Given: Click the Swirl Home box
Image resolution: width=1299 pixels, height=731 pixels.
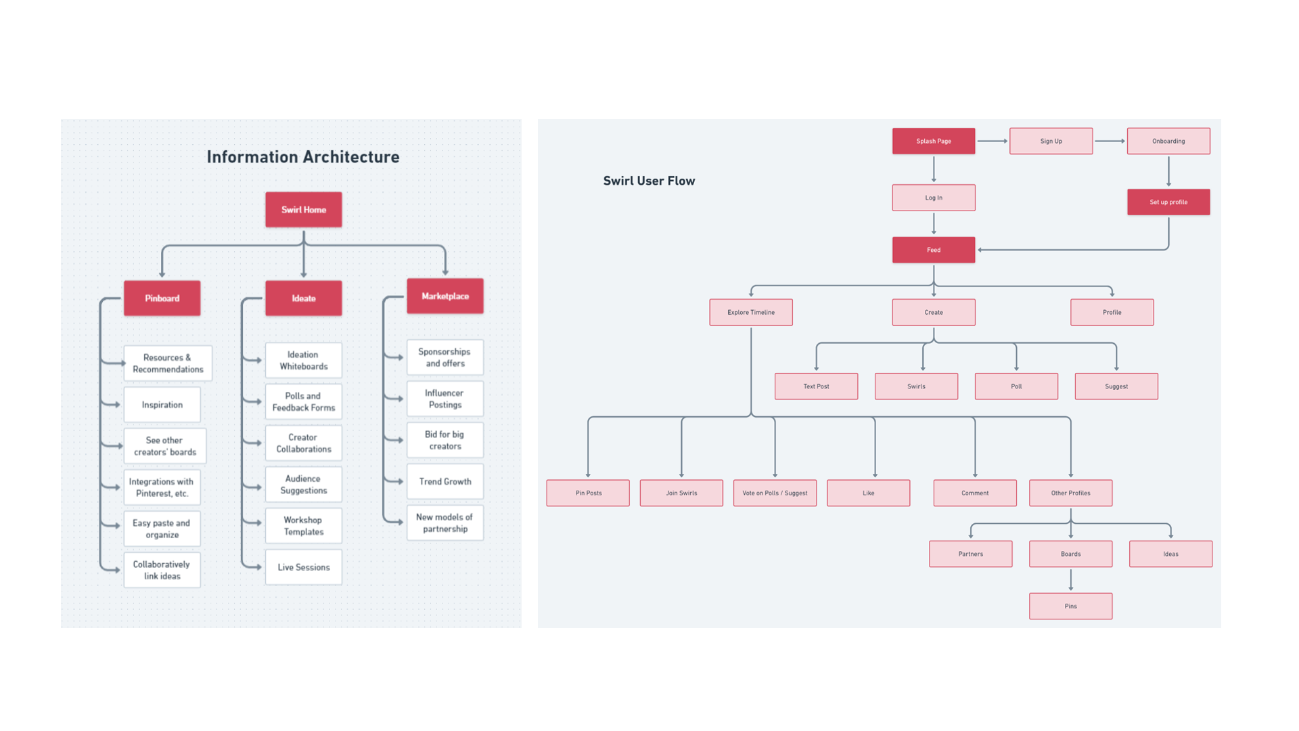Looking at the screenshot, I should coord(303,210).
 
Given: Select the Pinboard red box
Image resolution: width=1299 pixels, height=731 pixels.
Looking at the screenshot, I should coord(162,298).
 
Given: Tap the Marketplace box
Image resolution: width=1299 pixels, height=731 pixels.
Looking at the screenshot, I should coord(445,296).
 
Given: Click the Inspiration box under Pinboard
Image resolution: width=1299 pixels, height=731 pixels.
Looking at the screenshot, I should coord(162,405).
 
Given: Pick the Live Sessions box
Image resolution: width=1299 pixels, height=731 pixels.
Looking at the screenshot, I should coord(303,567).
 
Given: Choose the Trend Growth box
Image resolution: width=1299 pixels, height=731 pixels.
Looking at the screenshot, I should coord(445,482).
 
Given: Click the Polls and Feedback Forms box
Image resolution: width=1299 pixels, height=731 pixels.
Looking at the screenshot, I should coord(303,402).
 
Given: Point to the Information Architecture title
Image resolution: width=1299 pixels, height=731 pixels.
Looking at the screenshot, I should coord(303,157).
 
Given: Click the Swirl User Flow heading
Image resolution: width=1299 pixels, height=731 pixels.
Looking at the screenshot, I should coord(649,181).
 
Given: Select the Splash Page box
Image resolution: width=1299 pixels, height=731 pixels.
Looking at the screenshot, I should coord(934,141).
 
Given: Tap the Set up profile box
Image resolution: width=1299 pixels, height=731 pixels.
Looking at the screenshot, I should coord(1168,202).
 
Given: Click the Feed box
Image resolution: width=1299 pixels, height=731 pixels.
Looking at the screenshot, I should coord(934,250).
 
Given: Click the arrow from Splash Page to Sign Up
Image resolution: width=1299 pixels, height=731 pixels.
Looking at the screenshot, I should coord(993,141).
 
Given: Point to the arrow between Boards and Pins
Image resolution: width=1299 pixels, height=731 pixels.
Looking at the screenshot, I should coord(1070,580).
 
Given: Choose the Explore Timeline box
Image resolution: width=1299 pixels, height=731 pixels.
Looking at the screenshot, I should coord(751,313).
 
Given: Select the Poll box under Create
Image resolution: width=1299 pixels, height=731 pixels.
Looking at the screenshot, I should coord(1016,386).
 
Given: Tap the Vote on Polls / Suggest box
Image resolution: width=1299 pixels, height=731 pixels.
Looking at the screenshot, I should coord(775,493).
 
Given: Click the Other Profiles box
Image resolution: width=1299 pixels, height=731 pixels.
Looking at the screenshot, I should coord(1070,493).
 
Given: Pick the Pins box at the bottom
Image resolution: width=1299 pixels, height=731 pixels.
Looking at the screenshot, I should coord(1070,606).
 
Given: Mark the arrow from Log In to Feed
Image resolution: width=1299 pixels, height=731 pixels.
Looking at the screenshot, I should coord(934,224).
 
